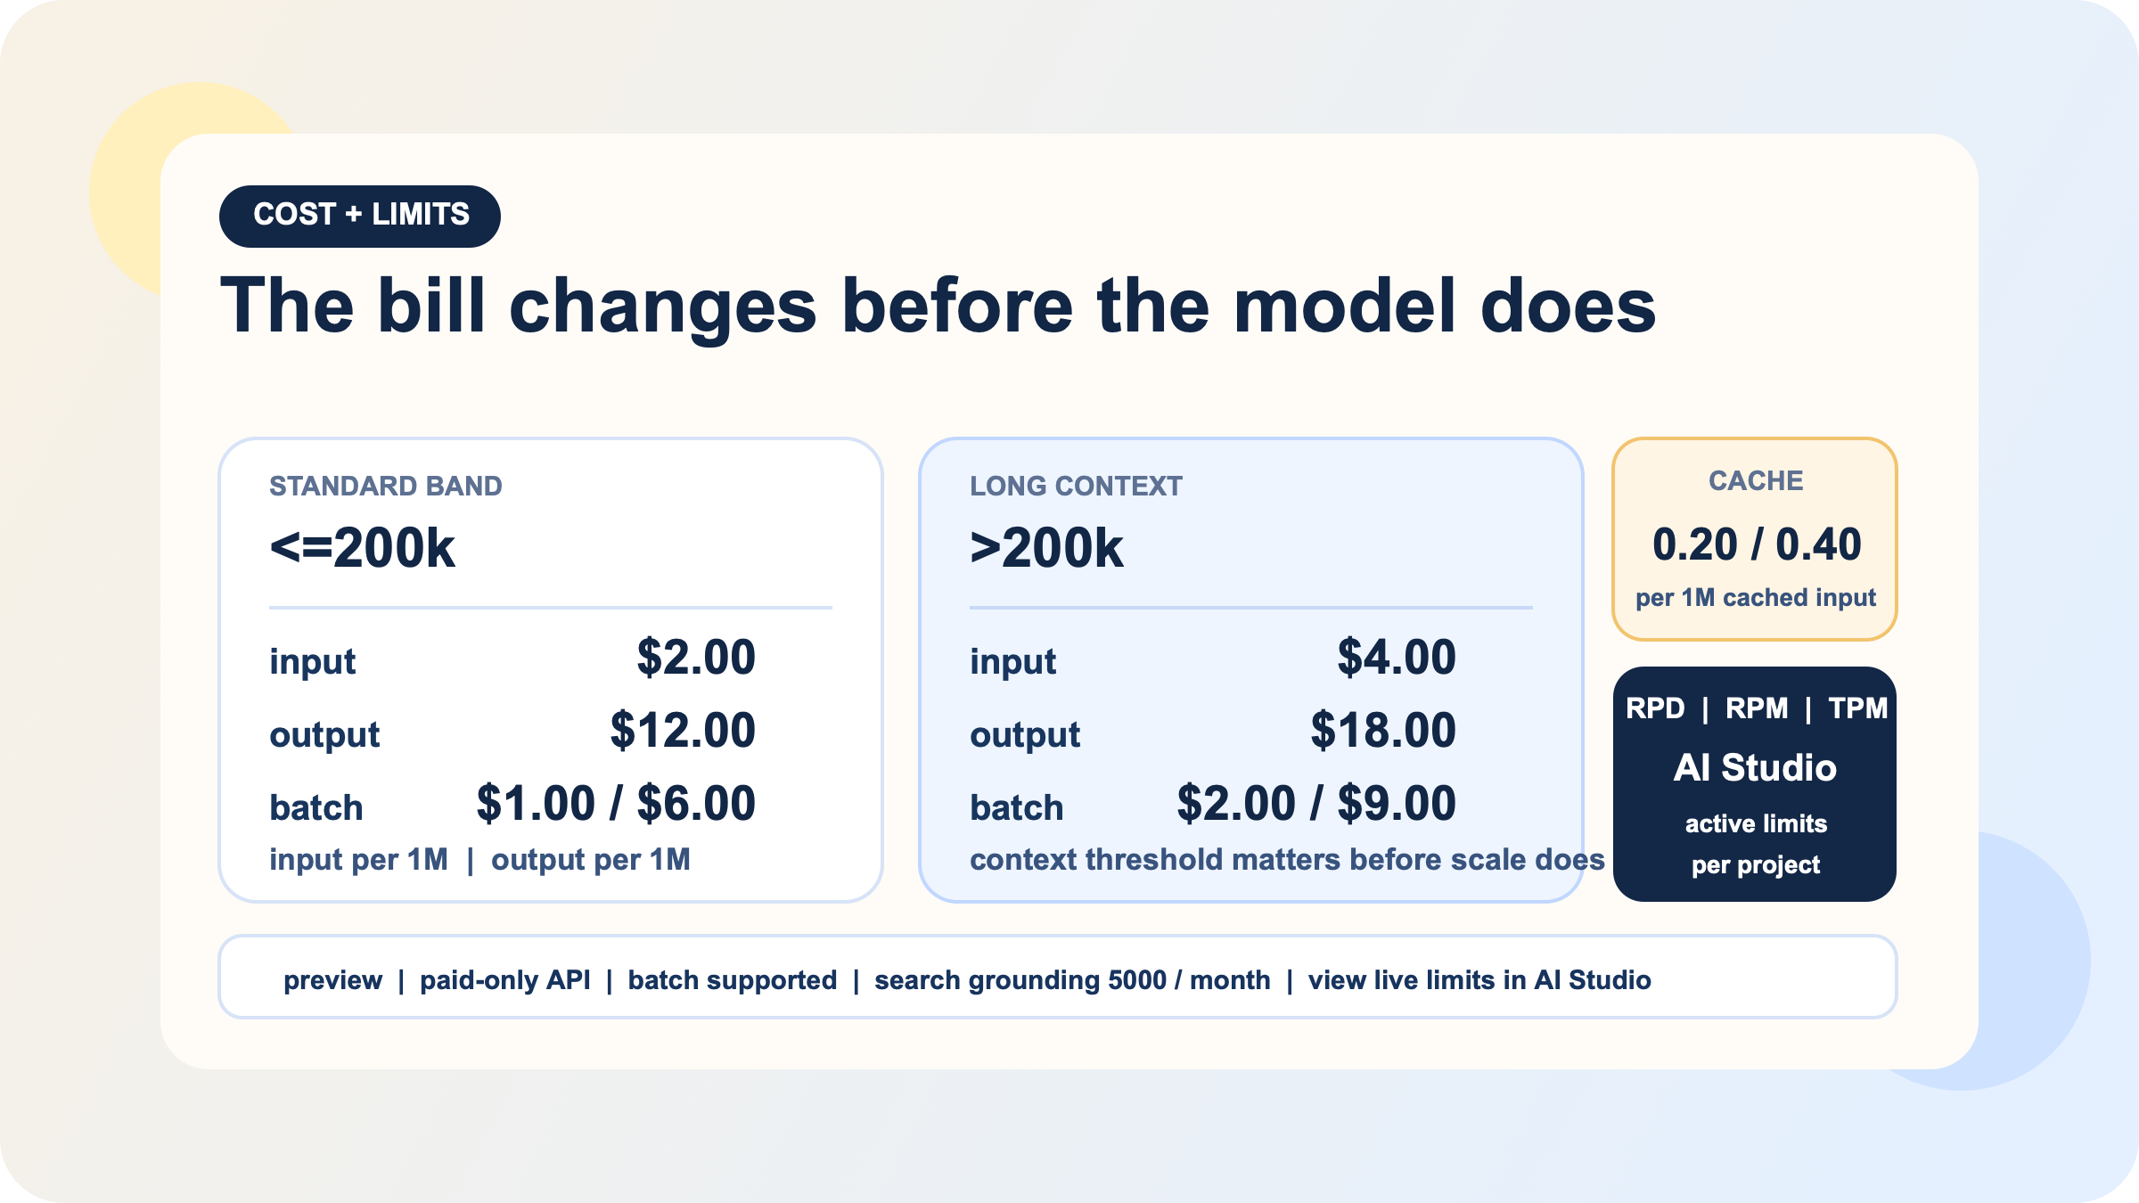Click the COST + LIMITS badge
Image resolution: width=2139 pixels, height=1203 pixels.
[360, 216]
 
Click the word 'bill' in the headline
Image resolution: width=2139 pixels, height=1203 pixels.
[430, 306]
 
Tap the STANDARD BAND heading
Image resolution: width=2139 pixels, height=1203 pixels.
[385, 486]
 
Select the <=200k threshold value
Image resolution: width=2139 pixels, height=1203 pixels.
[362, 547]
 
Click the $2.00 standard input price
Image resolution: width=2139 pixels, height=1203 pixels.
[695, 658]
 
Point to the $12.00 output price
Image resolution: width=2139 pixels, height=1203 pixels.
[682, 731]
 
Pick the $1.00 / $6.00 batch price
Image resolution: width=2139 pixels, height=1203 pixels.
[615, 804]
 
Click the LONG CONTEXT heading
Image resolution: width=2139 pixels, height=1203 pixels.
[1075, 486]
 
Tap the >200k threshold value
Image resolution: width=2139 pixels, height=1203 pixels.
[1045, 547]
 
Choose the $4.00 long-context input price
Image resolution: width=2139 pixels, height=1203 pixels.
[1396, 658]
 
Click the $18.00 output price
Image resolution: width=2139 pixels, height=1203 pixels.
[1382, 731]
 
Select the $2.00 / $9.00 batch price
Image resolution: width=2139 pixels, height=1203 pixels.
[1315, 804]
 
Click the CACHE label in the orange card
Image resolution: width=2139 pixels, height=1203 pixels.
[1755, 480]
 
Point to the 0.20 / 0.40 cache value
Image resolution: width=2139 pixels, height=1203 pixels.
[1756, 544]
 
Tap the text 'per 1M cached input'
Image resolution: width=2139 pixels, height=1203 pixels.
[1755, 597]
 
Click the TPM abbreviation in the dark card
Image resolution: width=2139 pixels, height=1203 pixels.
[1857, 708]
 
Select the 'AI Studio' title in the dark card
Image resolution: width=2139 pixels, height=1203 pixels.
[1755, 767]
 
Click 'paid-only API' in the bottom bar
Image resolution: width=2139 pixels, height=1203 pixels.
[504, 979]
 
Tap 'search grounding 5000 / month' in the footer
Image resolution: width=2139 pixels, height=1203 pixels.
[1071, 979]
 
